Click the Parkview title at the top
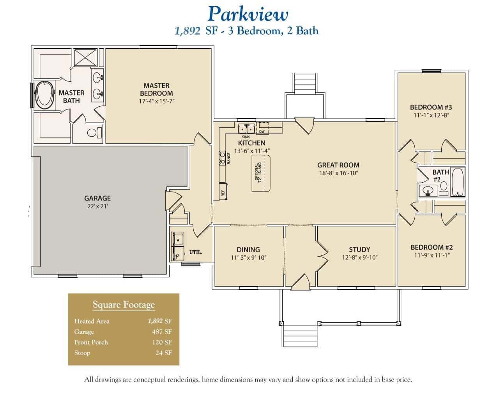point(248,14)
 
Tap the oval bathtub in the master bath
point(44,95)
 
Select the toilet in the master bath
point(94,133)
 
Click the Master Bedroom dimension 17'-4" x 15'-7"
point(157,101)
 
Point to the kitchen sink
point(246,128)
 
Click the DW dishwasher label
point(262,132)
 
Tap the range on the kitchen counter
point(222,158)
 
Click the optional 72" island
point(261,173)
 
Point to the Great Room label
point(338,165)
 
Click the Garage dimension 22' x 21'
point(97,206)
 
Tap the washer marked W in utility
point(178,239)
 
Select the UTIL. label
point(196,252)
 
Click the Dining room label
point(248,250)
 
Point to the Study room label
point(359,250)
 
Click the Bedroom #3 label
point(431,107)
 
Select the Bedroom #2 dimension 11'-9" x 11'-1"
point(432,255)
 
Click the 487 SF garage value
point(162,332)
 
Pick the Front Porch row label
point(91,342)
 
